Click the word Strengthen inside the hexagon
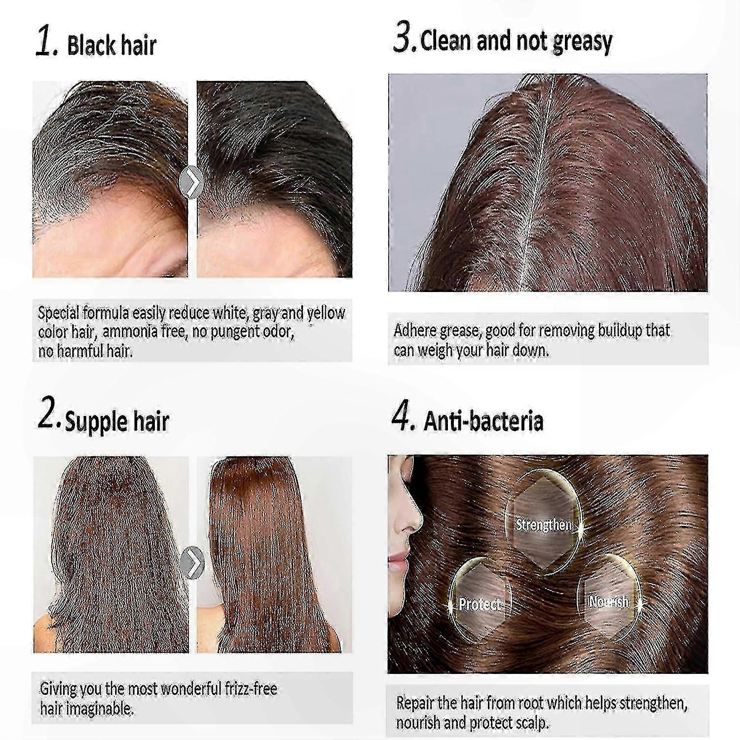(544, 524)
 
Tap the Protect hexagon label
(480, 603)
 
